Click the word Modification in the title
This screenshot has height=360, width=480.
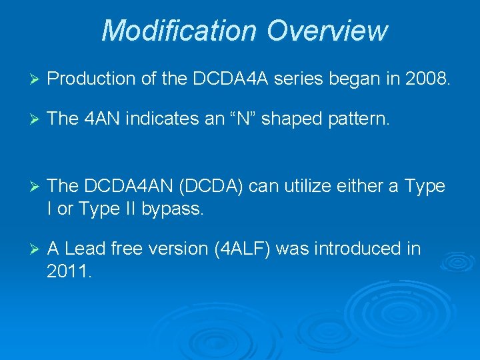pos(177,31)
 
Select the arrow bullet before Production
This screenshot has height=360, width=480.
pos(28,79)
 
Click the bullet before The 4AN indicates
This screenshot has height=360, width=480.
pos(28,119)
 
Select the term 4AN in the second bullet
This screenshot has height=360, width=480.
pos(102,119)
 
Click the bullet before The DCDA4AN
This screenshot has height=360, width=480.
pos(28,187)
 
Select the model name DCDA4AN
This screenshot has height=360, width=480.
pos(131,187)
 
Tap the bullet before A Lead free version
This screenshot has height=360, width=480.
pos(28,249)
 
